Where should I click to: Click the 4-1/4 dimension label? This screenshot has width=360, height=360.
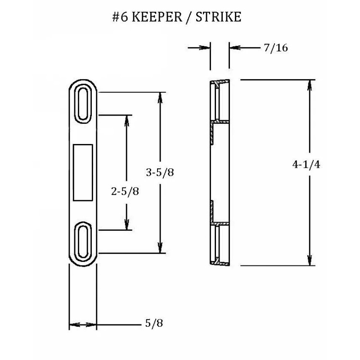coord(306,165)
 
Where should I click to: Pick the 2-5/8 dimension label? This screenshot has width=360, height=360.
coord(125,191)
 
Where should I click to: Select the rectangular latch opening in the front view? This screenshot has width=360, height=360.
coord(83,172)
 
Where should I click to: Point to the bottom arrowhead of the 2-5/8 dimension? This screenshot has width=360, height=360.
coord(128,226)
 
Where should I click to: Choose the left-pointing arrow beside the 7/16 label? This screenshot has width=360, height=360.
coord(237,48)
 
